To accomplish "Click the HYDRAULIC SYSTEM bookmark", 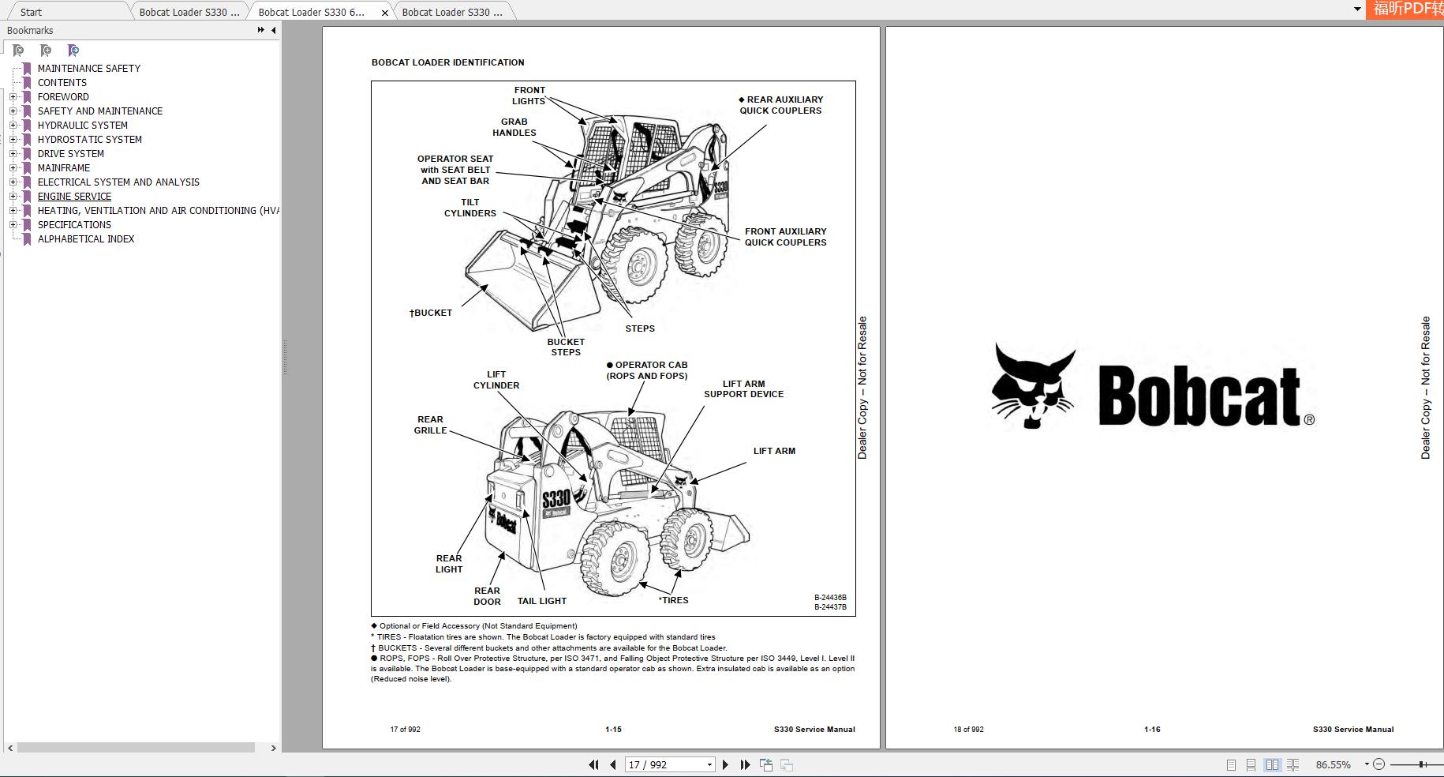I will point(82,125).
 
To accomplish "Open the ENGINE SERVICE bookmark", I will point(74,196).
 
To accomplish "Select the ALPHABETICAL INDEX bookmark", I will point(85,238).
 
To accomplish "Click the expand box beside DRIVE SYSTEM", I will point(13,153).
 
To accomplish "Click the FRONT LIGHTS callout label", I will point(529,96).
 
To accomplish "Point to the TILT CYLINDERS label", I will point(470,208).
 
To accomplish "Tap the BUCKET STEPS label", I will point(566,347).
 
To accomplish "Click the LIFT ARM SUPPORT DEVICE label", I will point(743,388).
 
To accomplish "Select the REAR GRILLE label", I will point(430,425).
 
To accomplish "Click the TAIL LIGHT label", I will point(541,601).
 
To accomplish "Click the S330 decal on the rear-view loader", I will point(556,498).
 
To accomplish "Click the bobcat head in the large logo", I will point(1032,387).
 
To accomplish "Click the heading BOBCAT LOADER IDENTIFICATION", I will point(447,62).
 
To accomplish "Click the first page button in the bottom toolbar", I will point(593,764).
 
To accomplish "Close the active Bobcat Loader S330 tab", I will point(385,12).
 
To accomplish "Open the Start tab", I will point(32,12).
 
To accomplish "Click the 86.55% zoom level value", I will point(1333,764).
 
